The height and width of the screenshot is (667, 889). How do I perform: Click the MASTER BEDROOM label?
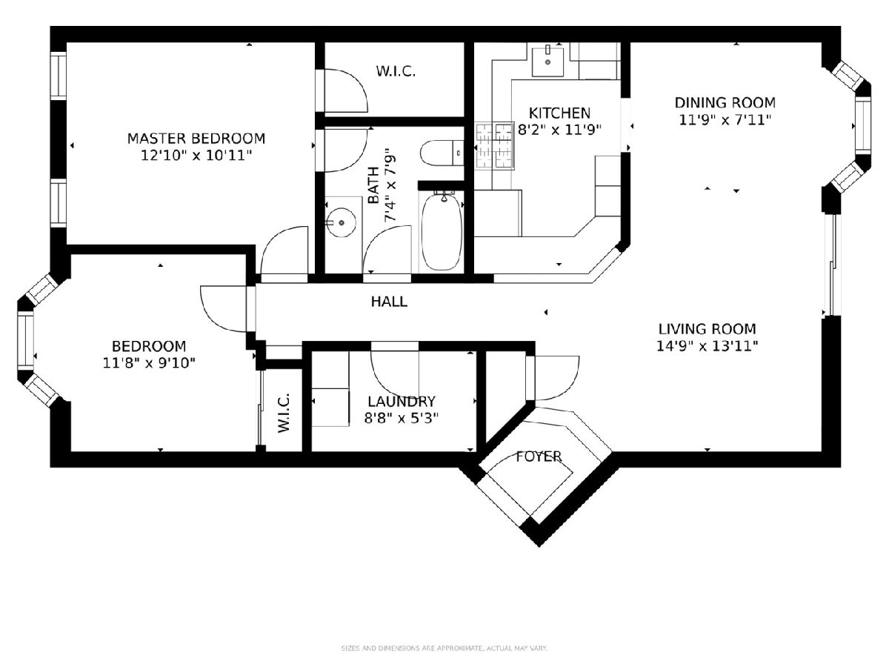coord(196,139)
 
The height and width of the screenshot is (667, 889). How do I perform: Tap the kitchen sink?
coord(547,62)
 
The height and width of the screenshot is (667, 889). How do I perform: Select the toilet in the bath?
coord(442,153)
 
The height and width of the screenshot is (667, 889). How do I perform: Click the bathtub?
coord(442,231)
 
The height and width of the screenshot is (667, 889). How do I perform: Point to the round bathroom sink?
coord(342,222)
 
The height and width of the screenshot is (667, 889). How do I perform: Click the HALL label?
coord(389,302)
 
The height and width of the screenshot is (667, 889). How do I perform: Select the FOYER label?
coord(539,457)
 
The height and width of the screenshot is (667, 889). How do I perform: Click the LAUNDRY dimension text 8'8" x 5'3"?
coord(402,418)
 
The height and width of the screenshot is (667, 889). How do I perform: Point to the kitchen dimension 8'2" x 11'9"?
coord(560,130)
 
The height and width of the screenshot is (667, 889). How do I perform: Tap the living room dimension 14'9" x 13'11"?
coord(707,346)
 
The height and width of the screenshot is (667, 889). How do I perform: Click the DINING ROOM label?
coord(725,102)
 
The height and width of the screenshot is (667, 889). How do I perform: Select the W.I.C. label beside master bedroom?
coord(396,71)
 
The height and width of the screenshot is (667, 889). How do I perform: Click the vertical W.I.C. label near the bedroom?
coord(284,412)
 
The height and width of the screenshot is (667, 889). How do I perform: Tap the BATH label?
coord(373,185)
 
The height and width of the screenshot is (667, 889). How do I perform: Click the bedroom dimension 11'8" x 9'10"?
coord(149,363)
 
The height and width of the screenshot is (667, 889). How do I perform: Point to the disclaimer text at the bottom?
coord(444,648)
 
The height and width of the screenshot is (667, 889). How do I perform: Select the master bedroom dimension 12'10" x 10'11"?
coord(196,156)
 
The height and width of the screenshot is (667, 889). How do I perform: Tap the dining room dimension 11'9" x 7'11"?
coord(725,120)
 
